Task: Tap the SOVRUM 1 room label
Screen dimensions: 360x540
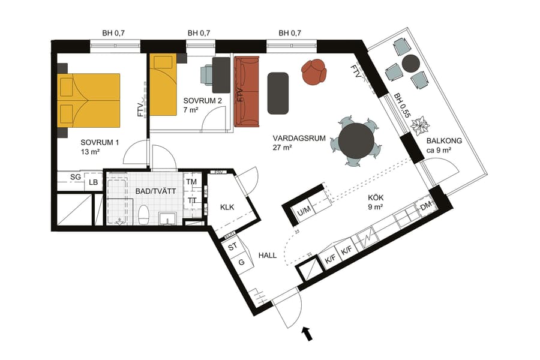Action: click(x=100, y=147)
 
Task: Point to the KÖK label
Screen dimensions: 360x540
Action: click(x=376, y=202)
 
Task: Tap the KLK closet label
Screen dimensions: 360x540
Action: click(x=227, y=208)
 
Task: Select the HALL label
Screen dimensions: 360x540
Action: click(x=268, y=255)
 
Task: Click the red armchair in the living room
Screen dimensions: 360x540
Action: click(x=314, y=72)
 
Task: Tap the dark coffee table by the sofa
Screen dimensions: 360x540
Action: click(x=278, y=92)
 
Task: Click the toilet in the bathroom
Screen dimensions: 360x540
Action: click(x=143, y=215)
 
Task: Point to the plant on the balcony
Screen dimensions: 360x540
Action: click(x=421, y=125)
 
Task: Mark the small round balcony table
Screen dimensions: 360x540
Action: click(x=410, y=62)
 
